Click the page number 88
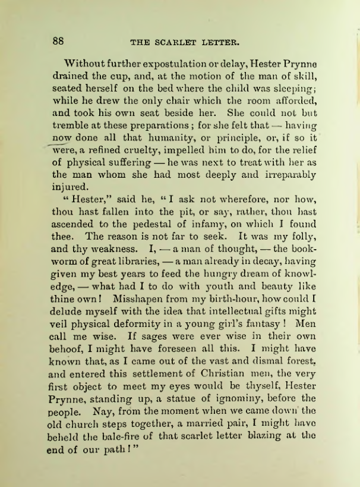click(x=59, y=41)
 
